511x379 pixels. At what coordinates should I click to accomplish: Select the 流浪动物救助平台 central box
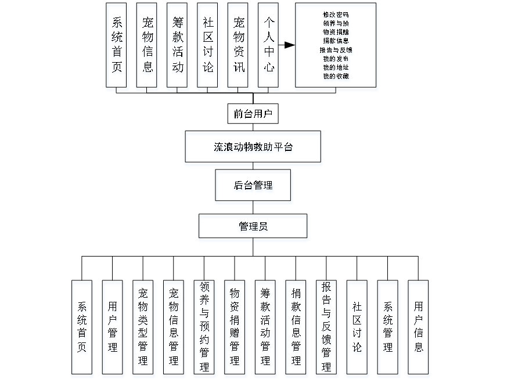(x=253, y=147)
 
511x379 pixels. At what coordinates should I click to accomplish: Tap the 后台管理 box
(x=253, y=186)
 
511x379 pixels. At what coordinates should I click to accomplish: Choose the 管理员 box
(x=253, y=226)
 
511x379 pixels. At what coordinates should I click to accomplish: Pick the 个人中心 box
(x=269, y=45)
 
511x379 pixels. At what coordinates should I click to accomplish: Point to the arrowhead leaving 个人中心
(x=290, y=45)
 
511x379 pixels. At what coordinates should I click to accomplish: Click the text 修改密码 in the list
(x=336, y=14)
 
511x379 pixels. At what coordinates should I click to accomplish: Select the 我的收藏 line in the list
(x=336, y=76)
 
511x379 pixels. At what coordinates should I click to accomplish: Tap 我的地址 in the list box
(x=336, y=67)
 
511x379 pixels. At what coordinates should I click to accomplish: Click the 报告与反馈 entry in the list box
(x=336, y=50)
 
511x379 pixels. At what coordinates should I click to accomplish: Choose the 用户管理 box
(x=113, y=327)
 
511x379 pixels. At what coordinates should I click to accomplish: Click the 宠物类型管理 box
(x=143, y=327)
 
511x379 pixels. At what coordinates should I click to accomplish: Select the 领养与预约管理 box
(x=204, y=327)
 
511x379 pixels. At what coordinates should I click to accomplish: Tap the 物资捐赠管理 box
(x=235, y=327)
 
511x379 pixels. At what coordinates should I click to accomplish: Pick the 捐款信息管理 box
(x=296, y=327)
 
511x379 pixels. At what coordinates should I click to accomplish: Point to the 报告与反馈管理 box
(x=326, y=327)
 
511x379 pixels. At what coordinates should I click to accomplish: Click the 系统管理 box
(x=387, y=327)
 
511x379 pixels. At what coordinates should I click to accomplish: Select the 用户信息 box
(x=418, y=327)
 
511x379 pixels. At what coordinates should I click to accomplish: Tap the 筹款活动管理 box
(x=265, y=327)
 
